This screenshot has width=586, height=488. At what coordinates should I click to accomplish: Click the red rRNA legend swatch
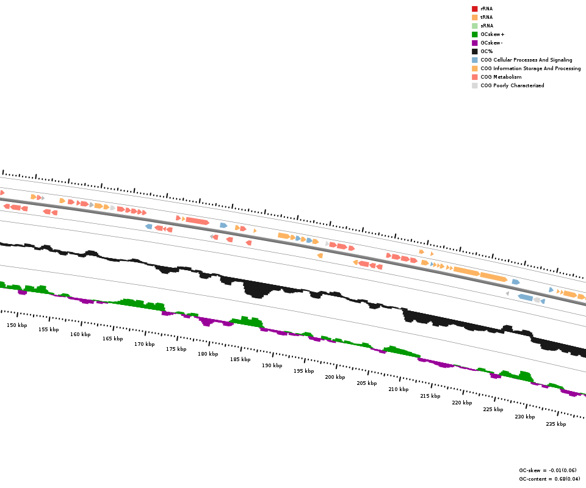point(474,9)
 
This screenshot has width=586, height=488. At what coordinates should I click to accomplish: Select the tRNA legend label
point(487,17)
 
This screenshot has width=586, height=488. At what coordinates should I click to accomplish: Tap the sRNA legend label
point(487,26)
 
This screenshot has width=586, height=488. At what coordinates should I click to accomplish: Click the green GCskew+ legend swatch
point(474,34)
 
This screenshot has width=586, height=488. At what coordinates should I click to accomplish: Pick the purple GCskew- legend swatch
point(474,43)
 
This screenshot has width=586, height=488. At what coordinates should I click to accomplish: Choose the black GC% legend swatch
point(474,51)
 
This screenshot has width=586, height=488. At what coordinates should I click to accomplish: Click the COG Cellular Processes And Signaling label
point(526,60)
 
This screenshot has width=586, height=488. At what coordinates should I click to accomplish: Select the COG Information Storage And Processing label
point(530,68)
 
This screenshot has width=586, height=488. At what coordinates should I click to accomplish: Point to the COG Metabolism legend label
point(501,77)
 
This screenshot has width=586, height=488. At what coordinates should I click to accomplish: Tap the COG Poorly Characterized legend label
point(512,85)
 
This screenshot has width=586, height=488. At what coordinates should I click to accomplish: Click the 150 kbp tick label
point(17,326)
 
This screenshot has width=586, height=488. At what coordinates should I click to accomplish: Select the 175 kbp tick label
point(176,350)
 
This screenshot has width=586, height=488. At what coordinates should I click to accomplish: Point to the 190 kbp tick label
point(272,366)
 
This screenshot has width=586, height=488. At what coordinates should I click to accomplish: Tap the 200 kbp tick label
point(335,377)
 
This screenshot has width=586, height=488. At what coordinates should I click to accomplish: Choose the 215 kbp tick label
point(430,396)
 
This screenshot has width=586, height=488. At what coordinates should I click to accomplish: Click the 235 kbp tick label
point(555,424)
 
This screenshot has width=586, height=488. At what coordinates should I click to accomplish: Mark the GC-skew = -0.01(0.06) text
point(549,471)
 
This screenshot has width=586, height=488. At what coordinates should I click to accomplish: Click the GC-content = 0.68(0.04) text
point(549,479)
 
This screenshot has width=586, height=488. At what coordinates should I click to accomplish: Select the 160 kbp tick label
point(80,334)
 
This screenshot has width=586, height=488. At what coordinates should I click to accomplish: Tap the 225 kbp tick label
point(493,409)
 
